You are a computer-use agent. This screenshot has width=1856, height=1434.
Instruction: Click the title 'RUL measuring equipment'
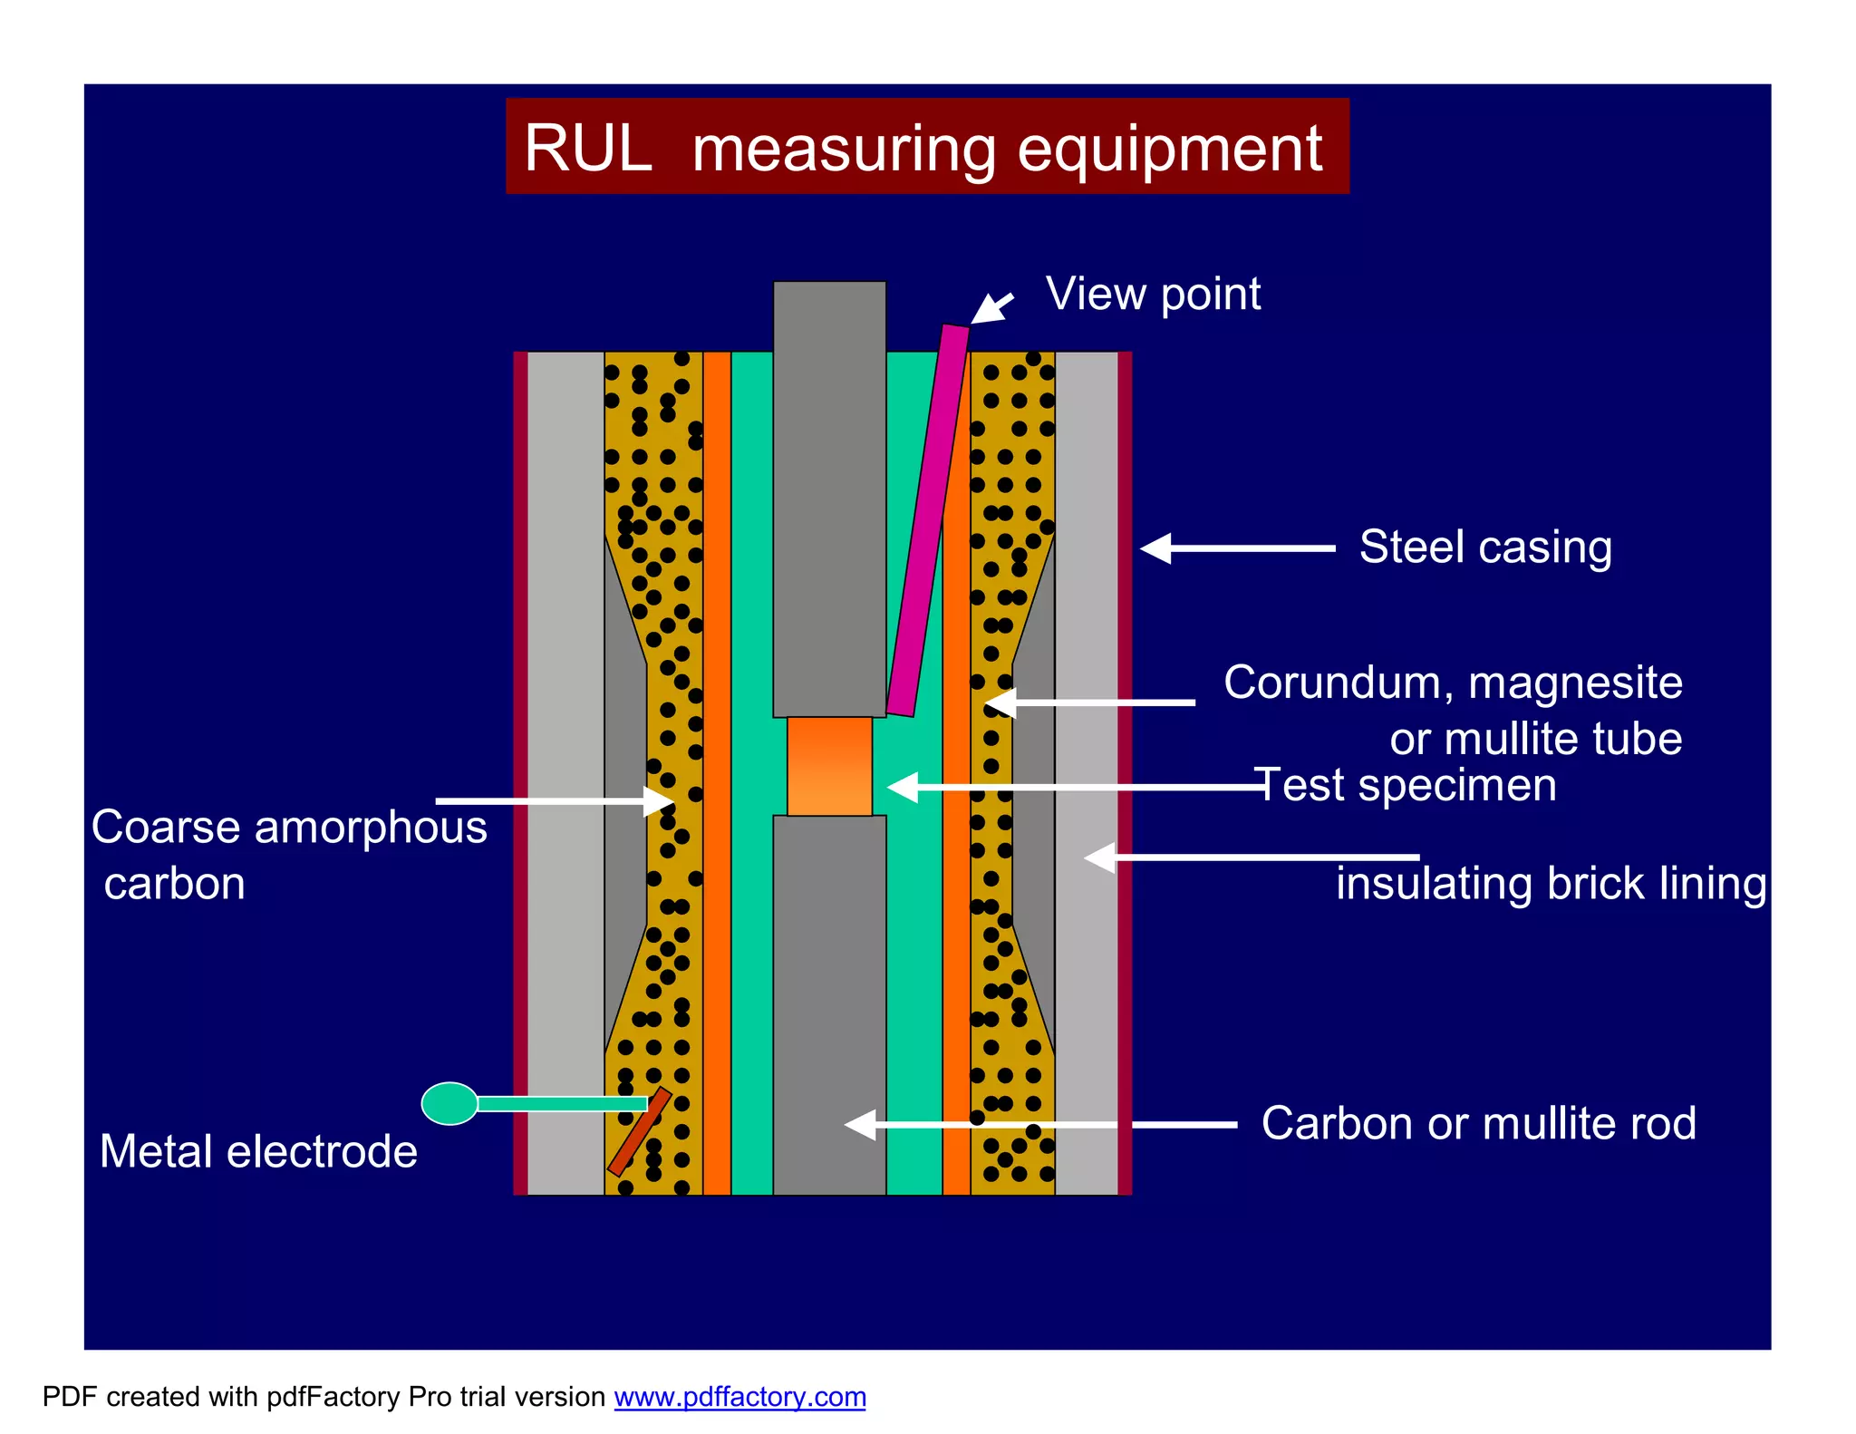tap(924, 148)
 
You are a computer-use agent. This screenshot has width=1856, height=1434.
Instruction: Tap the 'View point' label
tap(1153, 294)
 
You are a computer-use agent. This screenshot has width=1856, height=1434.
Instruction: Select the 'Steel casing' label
tap(1485, 547)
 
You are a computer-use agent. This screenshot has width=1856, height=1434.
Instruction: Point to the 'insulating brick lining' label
tap(1551, 884)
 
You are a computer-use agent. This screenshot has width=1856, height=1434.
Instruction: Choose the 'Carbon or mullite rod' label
tap(1478, 1124)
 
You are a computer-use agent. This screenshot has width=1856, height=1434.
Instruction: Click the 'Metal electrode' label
tap(258, 1152)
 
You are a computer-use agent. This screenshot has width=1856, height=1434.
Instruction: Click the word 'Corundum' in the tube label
tap(1333, 683)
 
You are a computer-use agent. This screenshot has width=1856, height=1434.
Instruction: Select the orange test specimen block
tap(829, 767)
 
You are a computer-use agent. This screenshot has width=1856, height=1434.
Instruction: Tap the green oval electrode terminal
tap(449, 1103)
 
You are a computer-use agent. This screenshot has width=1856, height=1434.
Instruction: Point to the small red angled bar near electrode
tap(639, 1132)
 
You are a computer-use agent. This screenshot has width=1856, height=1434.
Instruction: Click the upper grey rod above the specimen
tap(829, 499)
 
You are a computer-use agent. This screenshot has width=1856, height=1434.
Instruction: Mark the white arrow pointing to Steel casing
tap(1236, 548)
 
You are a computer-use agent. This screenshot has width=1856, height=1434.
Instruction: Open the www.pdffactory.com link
tap(739, 1397)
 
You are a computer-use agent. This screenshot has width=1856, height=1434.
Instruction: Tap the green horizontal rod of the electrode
tap(561, 1103)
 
